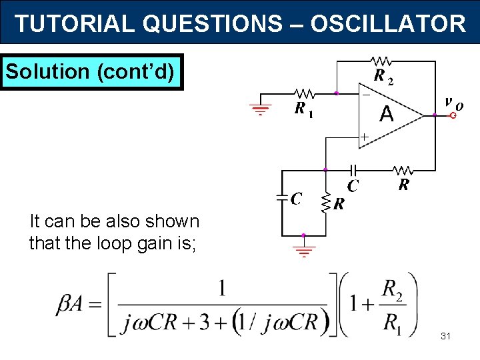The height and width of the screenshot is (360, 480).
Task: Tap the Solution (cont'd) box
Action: pyautogui.click(x=92, y=71)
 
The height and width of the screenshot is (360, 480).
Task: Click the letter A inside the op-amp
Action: pyautogui.click(x=387, y=115)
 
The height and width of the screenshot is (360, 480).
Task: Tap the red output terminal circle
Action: pyautogui.click(x=453, y=115)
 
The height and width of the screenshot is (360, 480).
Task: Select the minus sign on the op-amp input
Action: pyautogui.click(x=365, y=95)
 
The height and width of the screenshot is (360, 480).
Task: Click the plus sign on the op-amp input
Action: pyautogui.click(x=364, y=137)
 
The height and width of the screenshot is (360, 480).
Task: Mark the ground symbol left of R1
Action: pyautogui.click(x=261, y=110)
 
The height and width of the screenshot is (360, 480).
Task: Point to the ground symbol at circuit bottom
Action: pyautogui.click(x=304, y=252)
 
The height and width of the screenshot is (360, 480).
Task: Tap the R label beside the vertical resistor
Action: pyautogui.click(x=339, y=204)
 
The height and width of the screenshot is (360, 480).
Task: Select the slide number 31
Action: pyautogui.click(x=445, y=336)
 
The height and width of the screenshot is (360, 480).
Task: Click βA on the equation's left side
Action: pyautogui.click(x=71, y=305)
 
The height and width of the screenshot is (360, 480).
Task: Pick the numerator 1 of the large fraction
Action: pyautogui.click(x=222, y=288)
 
